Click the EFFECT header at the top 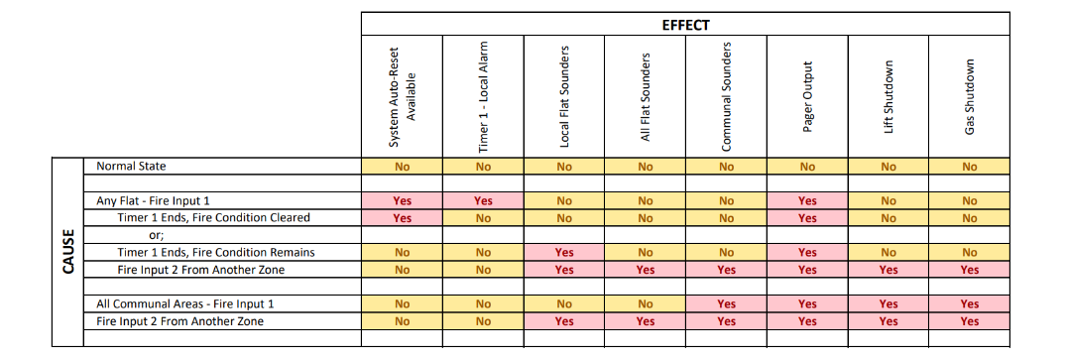(x=685, y=25)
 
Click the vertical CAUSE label (x=68, y=252)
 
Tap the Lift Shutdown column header (x=890, y=96)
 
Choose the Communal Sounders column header (x=727, y=97)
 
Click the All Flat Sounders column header (x=646, y=97)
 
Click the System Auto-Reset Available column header (x=403, y=96)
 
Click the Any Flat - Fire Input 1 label (x=153, y=200)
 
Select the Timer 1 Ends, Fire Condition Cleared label (x=213, y=217)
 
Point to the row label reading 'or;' (x=155, y=235)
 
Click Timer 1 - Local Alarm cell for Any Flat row (x=484, y=200)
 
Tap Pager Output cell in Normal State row (x=808, y=167)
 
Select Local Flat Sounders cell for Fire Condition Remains (x=564, y=252)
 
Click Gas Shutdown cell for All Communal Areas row (x=970, y=303)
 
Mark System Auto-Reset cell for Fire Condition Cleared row (x=403, y=217)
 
